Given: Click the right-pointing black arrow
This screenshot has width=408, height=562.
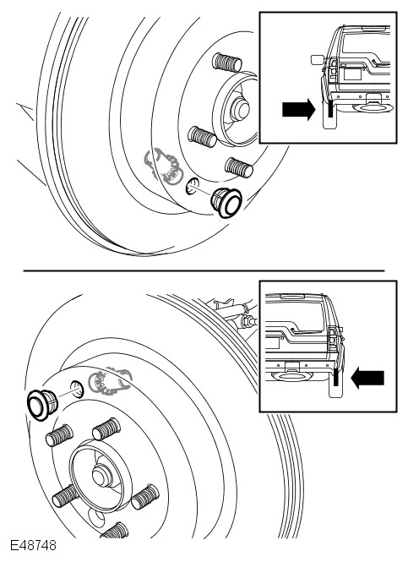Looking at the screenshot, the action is (x=299, y=109).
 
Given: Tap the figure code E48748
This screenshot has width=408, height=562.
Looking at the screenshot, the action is (x=33, y=545).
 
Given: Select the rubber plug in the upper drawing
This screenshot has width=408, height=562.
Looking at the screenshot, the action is (x=226, y=202).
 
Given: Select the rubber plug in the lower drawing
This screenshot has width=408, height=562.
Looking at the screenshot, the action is (x=42, y=404).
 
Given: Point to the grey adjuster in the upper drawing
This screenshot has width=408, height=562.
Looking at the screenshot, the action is (x=163, y=166).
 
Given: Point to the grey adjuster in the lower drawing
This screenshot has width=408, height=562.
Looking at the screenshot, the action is (x=111, y=380).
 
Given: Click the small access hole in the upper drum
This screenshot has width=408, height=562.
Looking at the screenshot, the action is (x=193, y=186).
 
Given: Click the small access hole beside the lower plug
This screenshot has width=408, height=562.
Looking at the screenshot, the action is (x=76, y=389).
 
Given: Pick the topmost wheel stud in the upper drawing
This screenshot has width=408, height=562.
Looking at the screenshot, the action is (x=226, y=63).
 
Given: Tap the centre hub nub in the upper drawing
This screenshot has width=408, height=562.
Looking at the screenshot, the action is (x=240, y=109).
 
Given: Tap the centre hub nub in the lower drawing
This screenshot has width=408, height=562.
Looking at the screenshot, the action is (x=102, y=476).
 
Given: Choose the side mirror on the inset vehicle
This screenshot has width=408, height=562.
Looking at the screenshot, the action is (x=318, y=60).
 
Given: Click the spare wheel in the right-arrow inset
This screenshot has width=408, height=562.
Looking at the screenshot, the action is (x=373, y=107).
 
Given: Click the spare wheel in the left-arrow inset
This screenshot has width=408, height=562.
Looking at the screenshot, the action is (x=291, y=376).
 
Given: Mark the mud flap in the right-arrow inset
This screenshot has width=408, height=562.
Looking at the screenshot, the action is (x=329, y=114).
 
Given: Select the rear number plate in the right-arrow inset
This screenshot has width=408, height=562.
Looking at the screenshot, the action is (x=352, y=74).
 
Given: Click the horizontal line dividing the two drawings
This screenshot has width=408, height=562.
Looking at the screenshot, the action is (x=204, y=271).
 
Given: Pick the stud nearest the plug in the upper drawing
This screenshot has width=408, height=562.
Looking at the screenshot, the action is (x=239, y=167).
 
